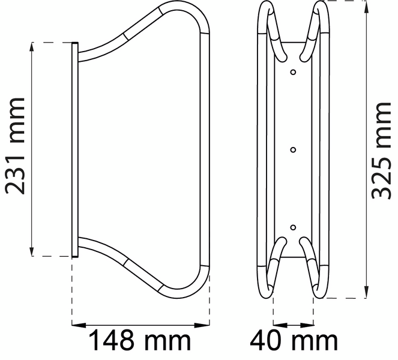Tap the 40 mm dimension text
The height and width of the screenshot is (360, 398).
click(294, 341)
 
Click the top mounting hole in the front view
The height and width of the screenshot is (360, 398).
click(293, 72)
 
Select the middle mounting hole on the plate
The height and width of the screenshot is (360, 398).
click(293, 149)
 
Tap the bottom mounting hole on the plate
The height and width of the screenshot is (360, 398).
click(293, 227)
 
